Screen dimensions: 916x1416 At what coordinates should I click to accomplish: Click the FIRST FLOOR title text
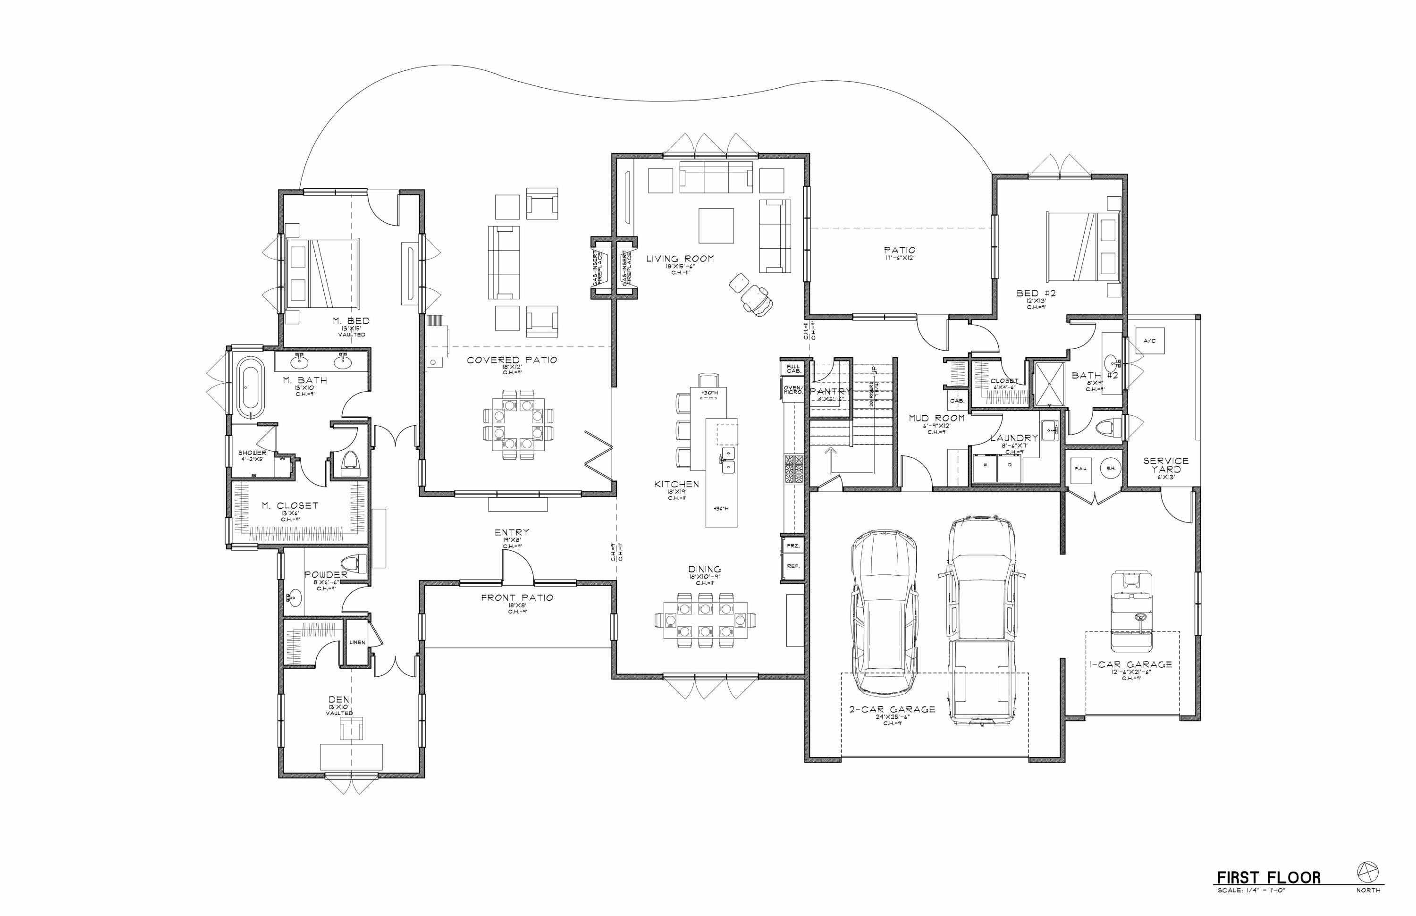coord(1268,878)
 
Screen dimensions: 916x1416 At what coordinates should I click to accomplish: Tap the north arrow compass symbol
coord(1368,872)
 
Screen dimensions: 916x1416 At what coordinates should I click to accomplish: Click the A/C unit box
coord(1149,341)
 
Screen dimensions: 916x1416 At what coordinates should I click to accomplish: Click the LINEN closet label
coord(357,642)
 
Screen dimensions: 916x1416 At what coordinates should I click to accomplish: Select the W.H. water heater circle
coord(1110,468)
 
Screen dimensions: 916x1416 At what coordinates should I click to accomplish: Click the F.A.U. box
coord(1081,468)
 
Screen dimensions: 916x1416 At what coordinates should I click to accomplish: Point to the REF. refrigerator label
coord(793,566)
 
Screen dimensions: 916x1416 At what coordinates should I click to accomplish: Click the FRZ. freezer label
coord(793,546)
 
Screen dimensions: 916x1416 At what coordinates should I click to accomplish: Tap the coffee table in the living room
coord(716,226)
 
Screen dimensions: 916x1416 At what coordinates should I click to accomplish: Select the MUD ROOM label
coord(936,418)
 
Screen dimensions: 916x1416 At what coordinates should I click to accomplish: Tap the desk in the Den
coord(351,756)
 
